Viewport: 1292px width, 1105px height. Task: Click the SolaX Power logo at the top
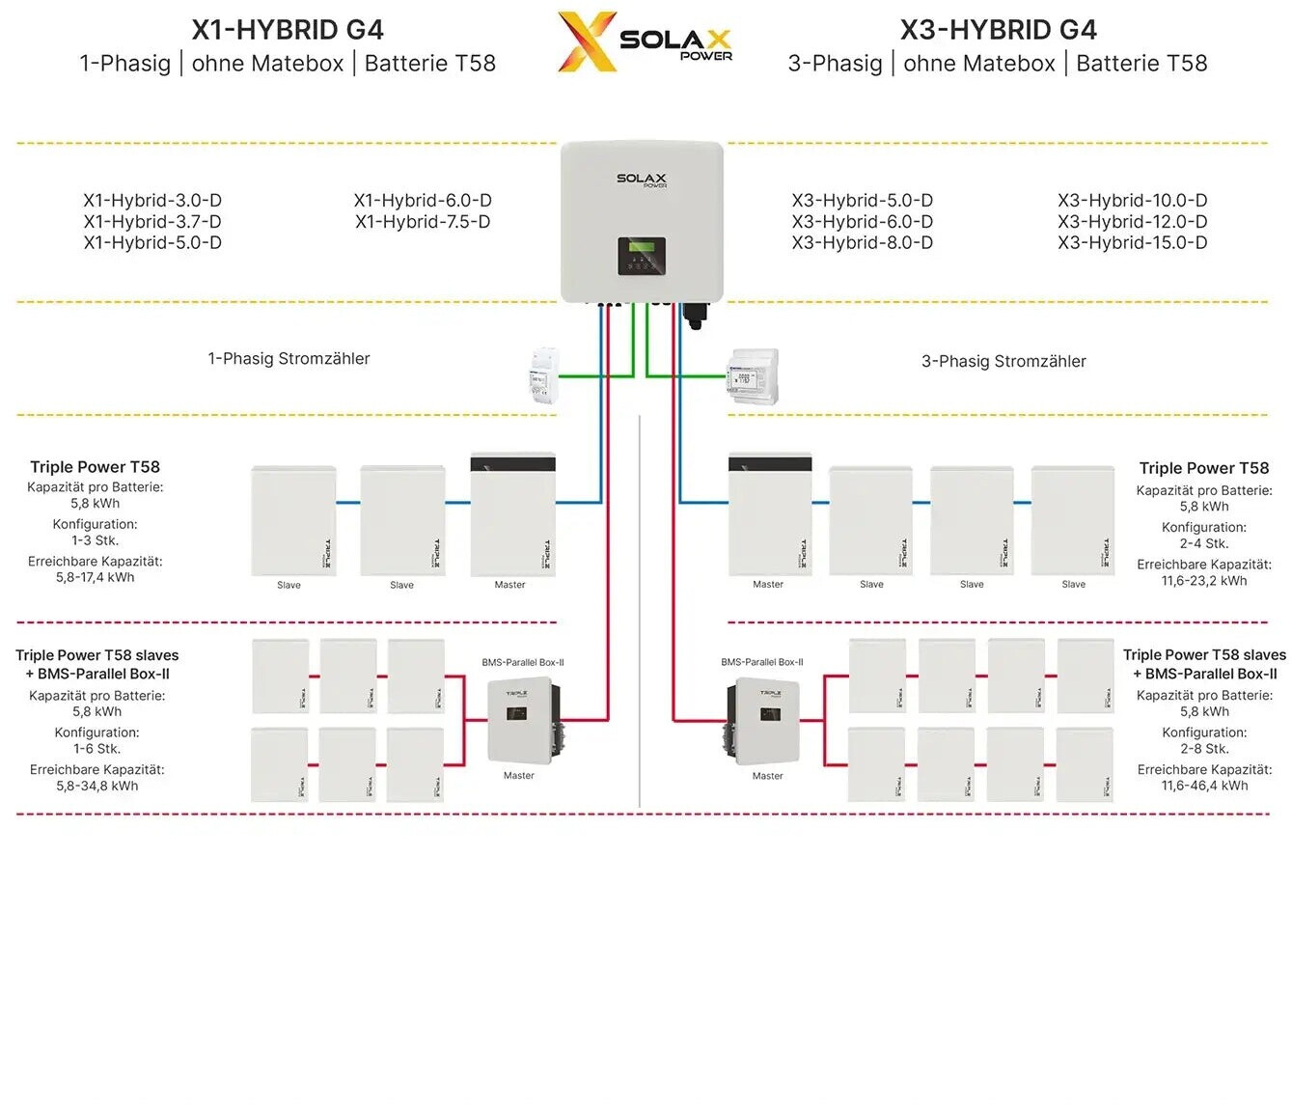tap(645, 41)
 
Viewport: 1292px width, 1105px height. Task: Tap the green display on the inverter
tap(642, 248)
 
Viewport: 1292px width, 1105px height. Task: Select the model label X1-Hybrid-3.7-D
tap(152, 222)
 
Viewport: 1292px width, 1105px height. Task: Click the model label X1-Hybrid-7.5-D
tap(423, 222)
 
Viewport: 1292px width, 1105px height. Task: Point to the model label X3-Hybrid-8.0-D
tap(862, 243)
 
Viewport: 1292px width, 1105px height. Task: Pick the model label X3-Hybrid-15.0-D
tap(1132, 243)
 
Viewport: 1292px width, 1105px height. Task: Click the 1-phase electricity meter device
tap(544, 379)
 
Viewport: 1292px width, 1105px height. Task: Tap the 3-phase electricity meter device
tap(753, 377)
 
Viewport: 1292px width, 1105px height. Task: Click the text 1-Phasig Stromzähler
tap(289, 359)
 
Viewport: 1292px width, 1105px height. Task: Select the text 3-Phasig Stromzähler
tap(1003, 362)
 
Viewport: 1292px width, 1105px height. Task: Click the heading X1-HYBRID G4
tap(288, 30)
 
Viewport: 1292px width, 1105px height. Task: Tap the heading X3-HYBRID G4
tap(998, 30)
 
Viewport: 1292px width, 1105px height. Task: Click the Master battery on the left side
tap(512, 515)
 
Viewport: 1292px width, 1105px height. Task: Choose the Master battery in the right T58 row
tap(769, 515)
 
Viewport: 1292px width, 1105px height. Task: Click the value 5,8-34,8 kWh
tap(97, 787)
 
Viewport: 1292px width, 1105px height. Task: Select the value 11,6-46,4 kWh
tap(1204, 787)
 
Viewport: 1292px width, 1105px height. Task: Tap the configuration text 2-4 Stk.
tap(1204, 544)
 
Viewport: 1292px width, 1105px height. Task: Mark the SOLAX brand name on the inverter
tap(642, 179)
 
